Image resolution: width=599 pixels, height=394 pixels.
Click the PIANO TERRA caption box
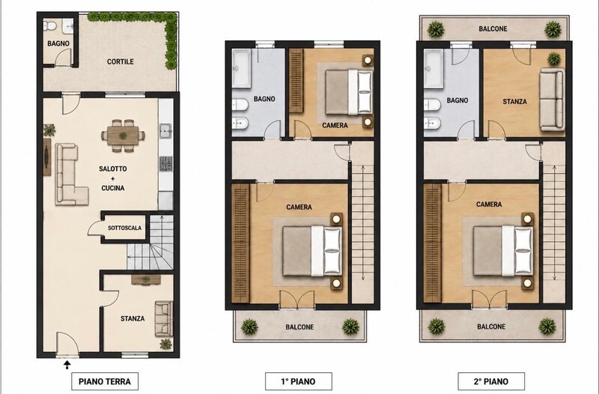tap(105, 381)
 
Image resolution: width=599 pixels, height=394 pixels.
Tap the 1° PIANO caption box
tap(298, 381)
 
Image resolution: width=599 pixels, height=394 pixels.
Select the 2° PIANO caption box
tap(491, 381)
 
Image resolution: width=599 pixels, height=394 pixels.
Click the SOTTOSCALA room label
tap(124, 228)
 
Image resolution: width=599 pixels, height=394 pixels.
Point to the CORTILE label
tap(121, 61)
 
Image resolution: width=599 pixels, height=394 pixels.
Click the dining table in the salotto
tap(123, 136)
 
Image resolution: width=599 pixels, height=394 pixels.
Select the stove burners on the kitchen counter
tap(165, 163)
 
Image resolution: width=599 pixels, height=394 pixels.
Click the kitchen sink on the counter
tap(165, 130)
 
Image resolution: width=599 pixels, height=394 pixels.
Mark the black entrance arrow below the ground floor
tap(67, 365)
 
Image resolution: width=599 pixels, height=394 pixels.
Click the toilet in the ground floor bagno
tap(49, 25)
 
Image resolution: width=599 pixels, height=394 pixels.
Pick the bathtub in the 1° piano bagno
tap(242, 68)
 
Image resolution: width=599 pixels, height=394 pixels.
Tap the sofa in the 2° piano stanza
tap(552, 100)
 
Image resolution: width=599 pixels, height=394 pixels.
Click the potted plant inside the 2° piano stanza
tap(554, 59)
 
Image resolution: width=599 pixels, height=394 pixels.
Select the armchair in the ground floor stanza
tap(164, 318)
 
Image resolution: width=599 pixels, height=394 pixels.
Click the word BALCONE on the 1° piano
tap(300, 327)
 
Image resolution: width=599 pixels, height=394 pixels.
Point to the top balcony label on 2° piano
tap(493, 28)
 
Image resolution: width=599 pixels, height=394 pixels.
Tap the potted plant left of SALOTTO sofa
tap(49, 130)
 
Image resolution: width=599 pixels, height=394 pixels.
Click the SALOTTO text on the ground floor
tap(113, 169)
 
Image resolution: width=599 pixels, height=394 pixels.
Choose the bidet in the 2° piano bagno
tap(433, 123)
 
